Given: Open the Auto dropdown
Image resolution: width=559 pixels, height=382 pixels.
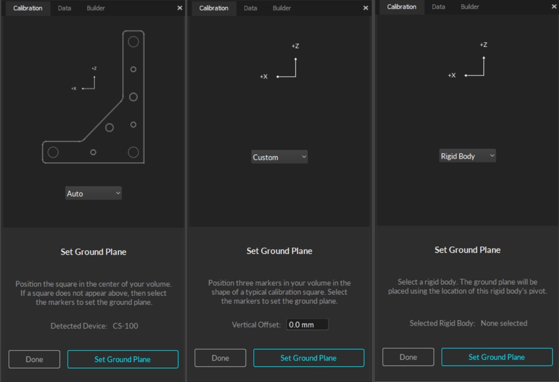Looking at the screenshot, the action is coord(93,194).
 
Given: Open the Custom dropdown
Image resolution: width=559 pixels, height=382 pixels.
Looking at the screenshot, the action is coord(279,157).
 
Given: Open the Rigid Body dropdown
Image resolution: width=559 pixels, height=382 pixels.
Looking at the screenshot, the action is coord(467,156).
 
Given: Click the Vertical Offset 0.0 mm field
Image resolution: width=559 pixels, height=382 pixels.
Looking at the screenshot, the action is coord(307,325).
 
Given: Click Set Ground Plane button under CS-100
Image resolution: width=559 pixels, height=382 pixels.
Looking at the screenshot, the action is coord(123,359).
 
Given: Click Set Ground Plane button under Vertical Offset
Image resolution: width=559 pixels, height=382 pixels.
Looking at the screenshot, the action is coord(309,358).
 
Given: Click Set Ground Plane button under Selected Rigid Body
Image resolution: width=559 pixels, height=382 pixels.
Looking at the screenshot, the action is coord(497,357).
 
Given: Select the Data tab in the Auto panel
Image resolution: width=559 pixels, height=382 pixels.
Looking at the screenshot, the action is coord(64,8).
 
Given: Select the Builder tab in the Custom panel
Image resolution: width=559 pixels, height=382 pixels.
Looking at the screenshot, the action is coord(282,8).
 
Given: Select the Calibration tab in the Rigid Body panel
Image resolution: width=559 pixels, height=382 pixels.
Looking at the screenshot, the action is coord(402,7).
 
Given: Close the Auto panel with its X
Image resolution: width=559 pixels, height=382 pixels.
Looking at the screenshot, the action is coord(179,8).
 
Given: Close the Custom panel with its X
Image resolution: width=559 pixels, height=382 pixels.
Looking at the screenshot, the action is coord(366,8).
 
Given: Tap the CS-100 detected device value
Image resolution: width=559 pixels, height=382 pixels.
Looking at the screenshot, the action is coord(126,326).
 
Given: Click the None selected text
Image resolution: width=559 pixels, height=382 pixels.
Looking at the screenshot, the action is coord(504,323).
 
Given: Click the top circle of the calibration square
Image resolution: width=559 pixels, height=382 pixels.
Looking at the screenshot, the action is coord(133,37).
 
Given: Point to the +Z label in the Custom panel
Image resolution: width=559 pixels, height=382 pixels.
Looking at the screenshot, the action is coord(295,46).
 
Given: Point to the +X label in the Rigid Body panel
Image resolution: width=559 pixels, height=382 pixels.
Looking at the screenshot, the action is coord(452,75).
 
